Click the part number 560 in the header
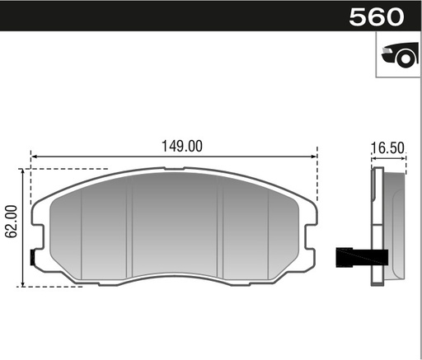click(377, 17)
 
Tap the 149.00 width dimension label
click(182, 146)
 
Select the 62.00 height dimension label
click(12, 221)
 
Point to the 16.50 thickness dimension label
click(387, 148)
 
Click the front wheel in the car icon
click(406, 58)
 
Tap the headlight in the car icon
click(387, 50)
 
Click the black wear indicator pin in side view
click(362, 257)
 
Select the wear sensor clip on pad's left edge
click(32, 258)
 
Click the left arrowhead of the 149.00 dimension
click(34, 157)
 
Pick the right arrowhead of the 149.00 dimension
click(314, 157)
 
